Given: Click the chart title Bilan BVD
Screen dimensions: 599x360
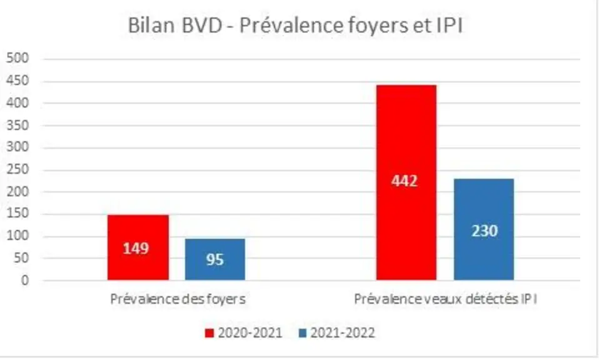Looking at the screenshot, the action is (x=175, y=26).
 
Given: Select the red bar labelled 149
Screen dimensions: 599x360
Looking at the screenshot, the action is (x=138, y=247).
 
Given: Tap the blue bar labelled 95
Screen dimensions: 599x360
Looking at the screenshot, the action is (x=215, y=259).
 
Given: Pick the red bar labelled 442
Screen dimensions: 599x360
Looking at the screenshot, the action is (x=406, y=182).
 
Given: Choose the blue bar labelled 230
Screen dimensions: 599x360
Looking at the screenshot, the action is (x=484, y=229).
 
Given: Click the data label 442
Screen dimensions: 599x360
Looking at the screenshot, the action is (x=405, y=181).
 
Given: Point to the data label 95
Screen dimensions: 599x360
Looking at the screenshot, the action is (x=214, y=259).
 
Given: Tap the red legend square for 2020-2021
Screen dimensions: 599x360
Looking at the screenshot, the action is (x=209, y=333).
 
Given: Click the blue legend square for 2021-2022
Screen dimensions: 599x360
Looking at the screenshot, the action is (x=302, y=333).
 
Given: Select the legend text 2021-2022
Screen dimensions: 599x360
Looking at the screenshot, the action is (x=343, y=333).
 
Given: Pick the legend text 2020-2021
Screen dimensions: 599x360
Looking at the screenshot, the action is (x=250, y=333).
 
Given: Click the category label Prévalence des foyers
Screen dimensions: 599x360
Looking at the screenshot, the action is (x=178, y=299).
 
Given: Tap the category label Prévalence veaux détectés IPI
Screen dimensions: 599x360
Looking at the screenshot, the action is (x=445, y=299).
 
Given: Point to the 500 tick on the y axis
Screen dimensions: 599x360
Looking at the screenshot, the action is (x=18, y=58).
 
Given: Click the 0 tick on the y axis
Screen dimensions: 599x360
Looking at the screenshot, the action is (x=25, y=281).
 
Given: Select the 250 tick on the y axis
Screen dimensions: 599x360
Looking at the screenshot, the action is (x=18, y=169).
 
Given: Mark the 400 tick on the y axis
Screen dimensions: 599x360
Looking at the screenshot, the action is (x=18, y=102).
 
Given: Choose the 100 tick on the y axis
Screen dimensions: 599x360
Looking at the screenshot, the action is (x=18, y=236).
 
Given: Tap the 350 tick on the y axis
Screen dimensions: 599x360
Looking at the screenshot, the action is (x=18, y=125).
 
